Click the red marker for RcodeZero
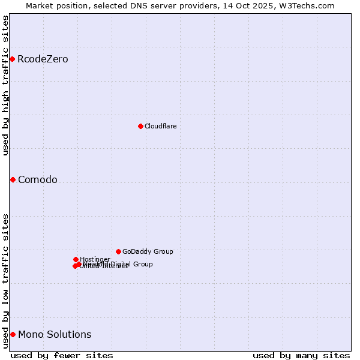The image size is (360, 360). pos(12,59)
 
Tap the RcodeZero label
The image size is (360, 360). pos(43,59)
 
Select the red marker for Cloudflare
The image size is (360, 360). pos(140,126)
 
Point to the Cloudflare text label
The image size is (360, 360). pos(160,126)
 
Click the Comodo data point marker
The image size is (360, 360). pos(13,179)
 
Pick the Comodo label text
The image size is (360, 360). pos(38,180)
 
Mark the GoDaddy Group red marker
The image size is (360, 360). pos(118,251)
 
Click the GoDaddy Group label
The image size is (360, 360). pos(148,251)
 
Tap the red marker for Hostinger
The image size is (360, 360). pos(76,259)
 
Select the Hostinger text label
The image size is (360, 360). pos(95,259)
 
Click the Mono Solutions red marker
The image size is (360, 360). pos(13,334)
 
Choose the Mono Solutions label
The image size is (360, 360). pos(55,335)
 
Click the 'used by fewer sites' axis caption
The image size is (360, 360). pos(62,355)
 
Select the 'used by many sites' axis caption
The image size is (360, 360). pos(301,355)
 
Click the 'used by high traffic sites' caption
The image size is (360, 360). pos(5,85)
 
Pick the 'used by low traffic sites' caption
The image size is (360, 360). pos(5,281)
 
